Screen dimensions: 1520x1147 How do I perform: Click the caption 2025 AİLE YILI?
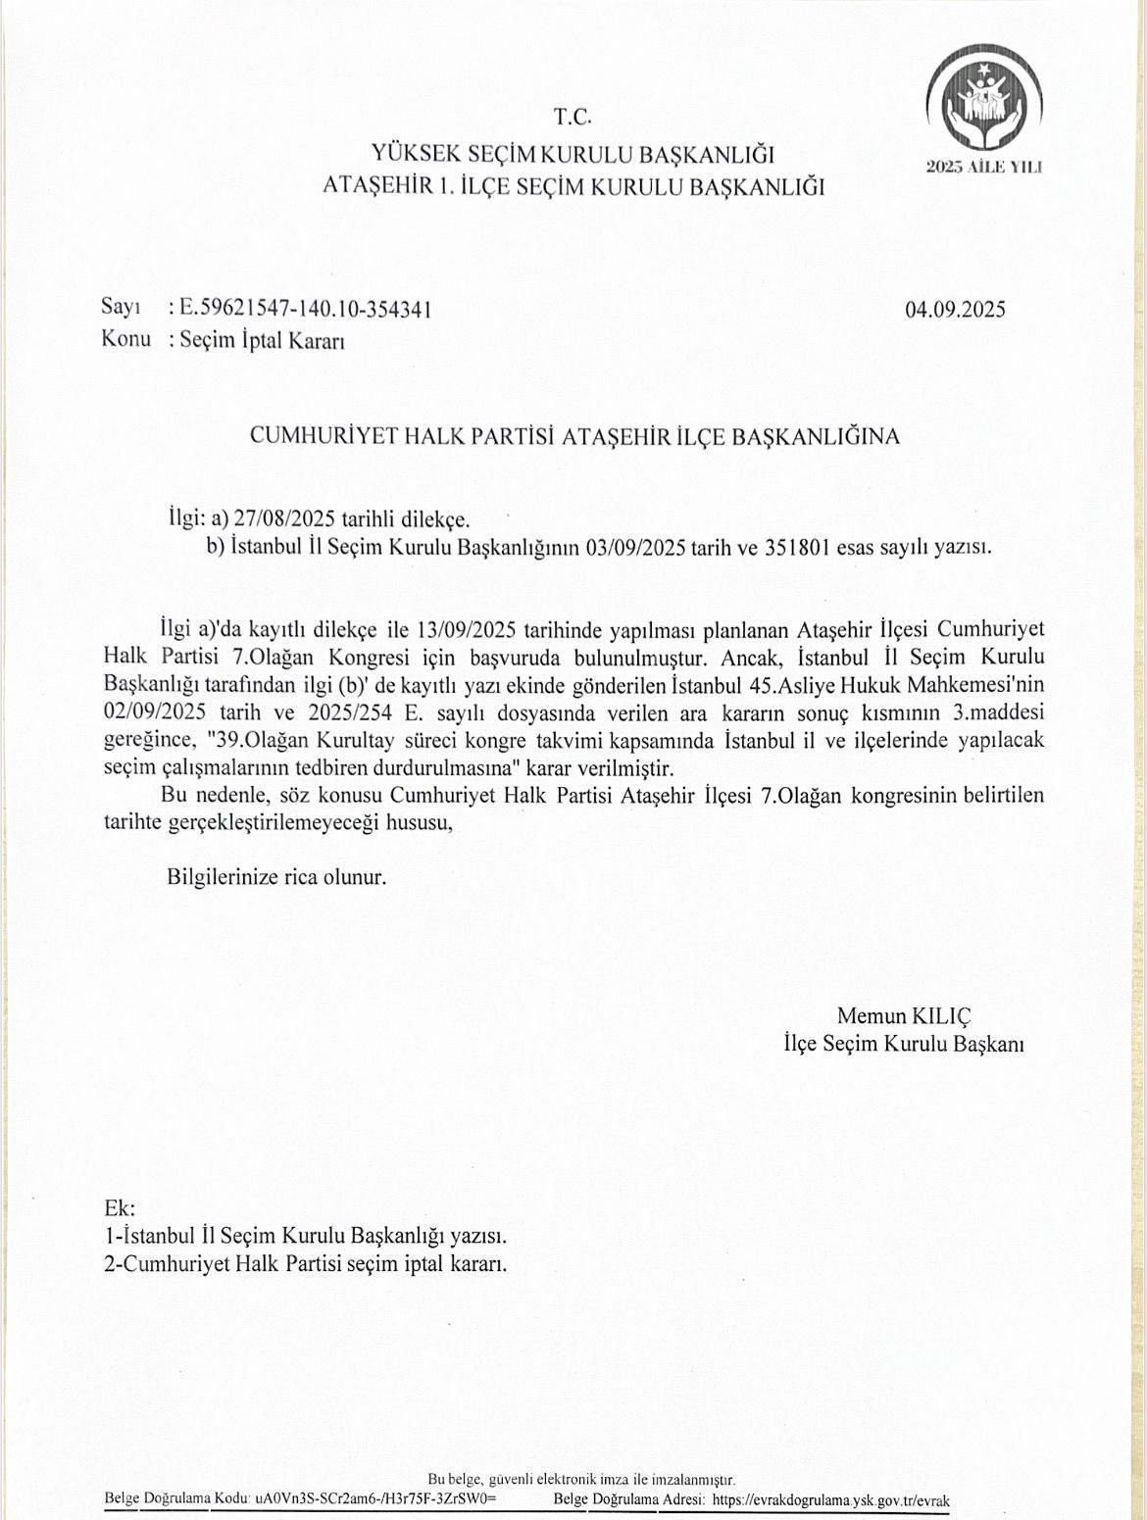pos(984,167)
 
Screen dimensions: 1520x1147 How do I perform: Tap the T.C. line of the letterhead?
pos(573,118)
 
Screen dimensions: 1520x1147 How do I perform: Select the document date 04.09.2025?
pos(955,310)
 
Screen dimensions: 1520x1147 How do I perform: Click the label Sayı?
pos(121,308)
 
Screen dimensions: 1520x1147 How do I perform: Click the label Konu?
pos(125,339)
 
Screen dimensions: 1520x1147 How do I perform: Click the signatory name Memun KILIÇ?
pos(904,1016)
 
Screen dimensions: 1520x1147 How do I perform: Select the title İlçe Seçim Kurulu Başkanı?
pos(904,1045)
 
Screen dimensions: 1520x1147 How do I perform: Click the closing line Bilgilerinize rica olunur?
pos(276,877)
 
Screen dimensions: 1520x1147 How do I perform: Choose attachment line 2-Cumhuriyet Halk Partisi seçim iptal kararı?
pos(306,1264)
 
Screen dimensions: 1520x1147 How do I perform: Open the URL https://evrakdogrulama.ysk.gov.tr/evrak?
pos(831,1500)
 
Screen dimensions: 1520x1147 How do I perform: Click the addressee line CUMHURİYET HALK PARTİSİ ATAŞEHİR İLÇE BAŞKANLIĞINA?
pos(574,436)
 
